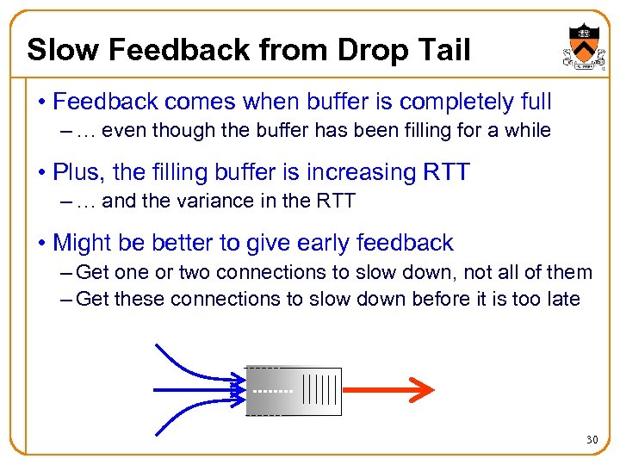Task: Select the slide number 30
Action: coord(592,440)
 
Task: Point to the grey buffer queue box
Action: coord(294,391)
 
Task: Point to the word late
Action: coord(561,300)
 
